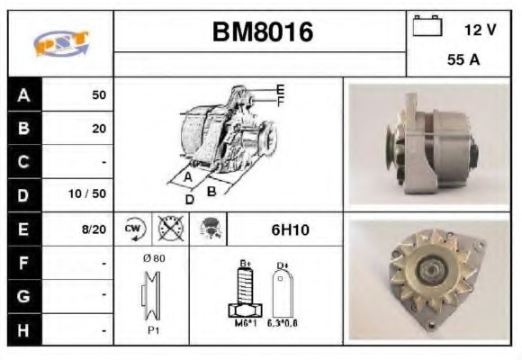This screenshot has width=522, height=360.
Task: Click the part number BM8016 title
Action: pos(262,32)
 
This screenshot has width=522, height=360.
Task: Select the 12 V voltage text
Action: pos(480,30)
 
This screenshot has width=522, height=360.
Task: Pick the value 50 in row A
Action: pos(98,94)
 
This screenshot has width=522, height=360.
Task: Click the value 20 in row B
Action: pos(98,129)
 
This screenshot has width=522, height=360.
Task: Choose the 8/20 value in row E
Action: pos(94,229)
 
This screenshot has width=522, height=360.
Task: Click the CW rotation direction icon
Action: pos(132,229)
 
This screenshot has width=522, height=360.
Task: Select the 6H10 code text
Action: pos(290,229)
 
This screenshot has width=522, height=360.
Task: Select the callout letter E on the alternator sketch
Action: pos(280,90)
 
